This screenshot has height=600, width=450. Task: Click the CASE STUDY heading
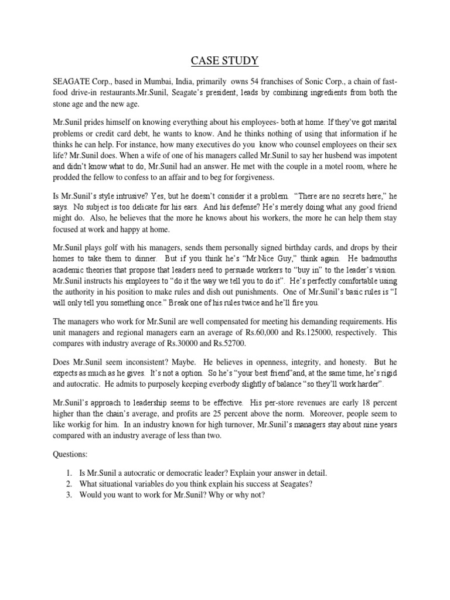(225, 60)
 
